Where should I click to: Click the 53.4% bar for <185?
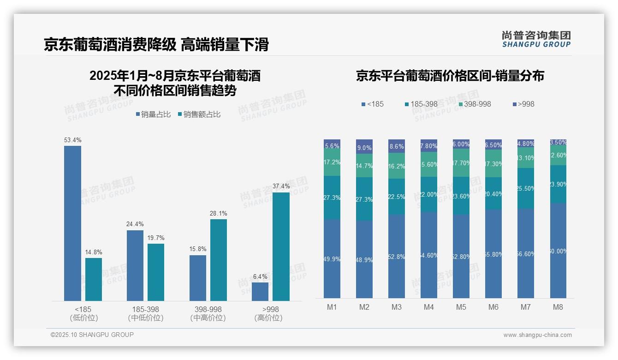72,223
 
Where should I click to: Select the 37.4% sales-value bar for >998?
281,246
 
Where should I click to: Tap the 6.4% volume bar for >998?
260,292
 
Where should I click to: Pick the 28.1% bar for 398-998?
219,260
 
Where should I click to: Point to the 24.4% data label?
135,224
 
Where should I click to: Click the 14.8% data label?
94,252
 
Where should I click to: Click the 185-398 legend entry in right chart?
421,104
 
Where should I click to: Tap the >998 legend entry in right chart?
523,104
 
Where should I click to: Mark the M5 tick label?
461,307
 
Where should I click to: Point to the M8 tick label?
558,307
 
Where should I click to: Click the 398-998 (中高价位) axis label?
208,313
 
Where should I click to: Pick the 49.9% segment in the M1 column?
332,258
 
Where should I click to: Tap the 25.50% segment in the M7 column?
526,188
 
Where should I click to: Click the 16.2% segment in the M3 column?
397,166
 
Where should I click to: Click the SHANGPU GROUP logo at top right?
536,39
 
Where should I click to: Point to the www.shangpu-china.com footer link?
537,335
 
